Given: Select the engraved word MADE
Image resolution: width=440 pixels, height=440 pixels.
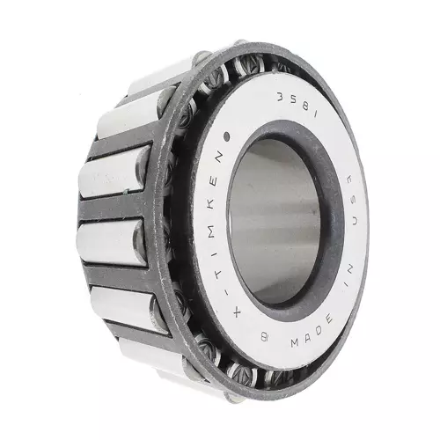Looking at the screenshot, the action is [x=312, y=331].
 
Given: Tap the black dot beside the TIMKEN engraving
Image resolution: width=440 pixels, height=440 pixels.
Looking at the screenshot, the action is [x=226, y=136].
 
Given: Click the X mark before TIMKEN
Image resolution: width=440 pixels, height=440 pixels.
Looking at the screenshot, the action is [x=237, y=314].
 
